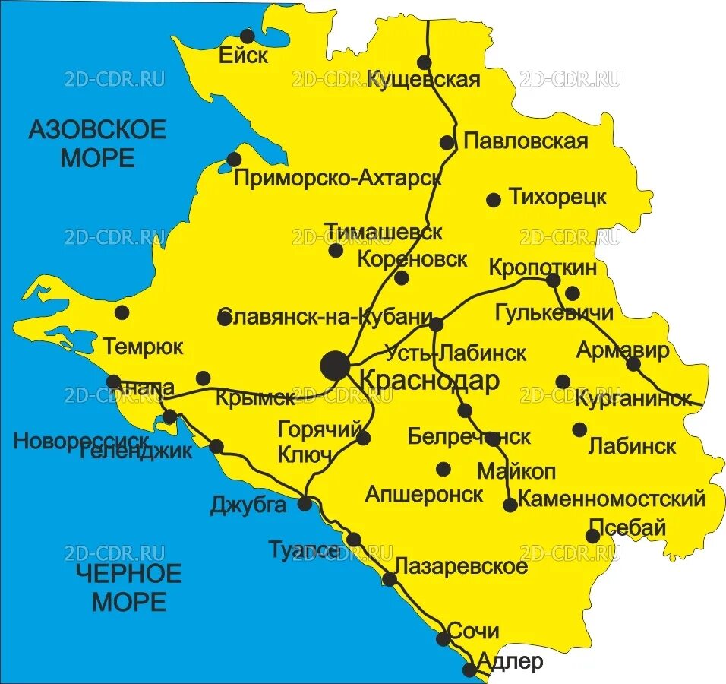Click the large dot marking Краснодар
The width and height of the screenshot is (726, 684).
pyautogui.click(x=335, y=365)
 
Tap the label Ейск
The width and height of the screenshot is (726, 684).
pyautogui.click(x=243, y=56)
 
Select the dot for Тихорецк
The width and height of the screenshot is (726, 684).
pyautogui.click(x=494, y=200)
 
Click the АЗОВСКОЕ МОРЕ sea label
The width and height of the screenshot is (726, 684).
pyautogui.click(x=97, y=144)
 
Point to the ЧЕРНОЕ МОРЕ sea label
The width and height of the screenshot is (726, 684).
pyautogui.click(x=129, y=587)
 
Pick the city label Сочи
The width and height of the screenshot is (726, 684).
pyautogui.click(x=473, y=631)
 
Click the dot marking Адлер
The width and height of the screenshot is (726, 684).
pyautogui.click(x=470, y=670)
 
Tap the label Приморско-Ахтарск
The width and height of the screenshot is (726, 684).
pyautogui.click(x=338, y=179)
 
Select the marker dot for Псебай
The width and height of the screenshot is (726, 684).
pyautogui.click(x=593, y=537)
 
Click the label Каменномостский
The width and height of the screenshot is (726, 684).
pyautogui.click(x=612, y=499)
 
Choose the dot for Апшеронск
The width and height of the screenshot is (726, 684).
pyautogui.click(x=443, y=468)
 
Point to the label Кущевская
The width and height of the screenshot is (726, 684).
pyautogui.click(x=424, y=80)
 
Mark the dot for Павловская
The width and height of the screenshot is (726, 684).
pyautogui.click(x=447, y=142)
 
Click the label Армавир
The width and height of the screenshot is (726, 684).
pyautogui.click(x=623, y=350)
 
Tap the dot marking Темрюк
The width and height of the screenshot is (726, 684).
pyautogui.click(x=122, y=312)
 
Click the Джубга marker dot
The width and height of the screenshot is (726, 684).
pyautogui.click(x=305, y=502)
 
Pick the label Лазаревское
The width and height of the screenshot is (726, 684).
pyautogui.click(x=461, y=567)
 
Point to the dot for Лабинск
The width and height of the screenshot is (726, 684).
pyautogui.click(x=579, y=429)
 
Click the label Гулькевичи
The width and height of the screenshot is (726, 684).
pyautogui.click(x=554, y=312)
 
